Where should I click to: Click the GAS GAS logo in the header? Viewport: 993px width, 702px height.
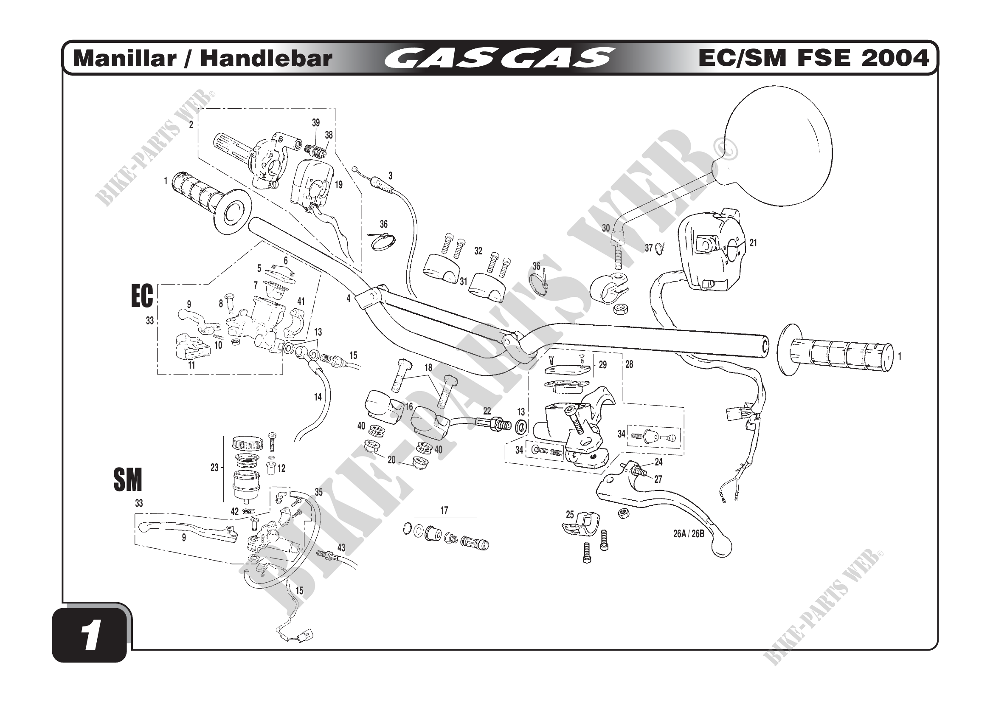click(x=499, y=58)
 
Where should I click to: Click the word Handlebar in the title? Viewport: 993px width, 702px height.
click(x=266, y=58)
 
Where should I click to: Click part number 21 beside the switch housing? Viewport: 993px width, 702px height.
click(x=753, y=243)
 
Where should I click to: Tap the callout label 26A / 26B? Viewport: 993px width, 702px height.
click(x=689, y=534)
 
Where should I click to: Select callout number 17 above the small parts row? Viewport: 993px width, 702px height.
click(x=444, y=510)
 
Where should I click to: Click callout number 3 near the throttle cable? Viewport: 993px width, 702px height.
click(x=391, y=176)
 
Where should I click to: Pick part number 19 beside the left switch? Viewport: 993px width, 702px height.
click(x=339, y=185)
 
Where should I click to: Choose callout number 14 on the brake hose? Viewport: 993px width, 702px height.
click(x=318, y=397)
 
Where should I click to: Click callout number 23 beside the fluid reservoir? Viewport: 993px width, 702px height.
click(x=214, y=468)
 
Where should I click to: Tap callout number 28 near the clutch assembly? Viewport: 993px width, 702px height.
click(x=629, y=365)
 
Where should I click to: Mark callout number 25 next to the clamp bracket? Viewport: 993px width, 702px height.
click(x=570, y=514)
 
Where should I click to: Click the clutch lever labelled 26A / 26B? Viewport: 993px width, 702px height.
click(x=675, y=510)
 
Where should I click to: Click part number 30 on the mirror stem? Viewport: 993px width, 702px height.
click(x=606, y=228)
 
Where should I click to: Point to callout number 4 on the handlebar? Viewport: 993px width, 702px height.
click(x=348, y=299)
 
